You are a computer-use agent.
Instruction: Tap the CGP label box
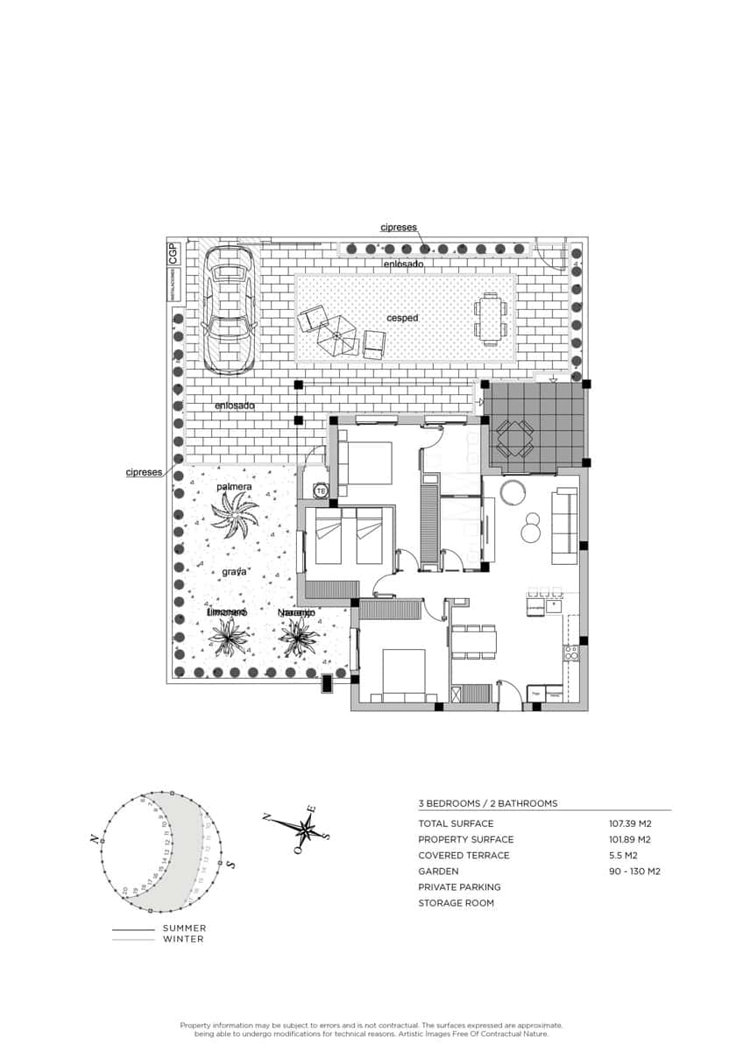coord(173,253)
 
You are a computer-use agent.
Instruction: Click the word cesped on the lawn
coord(402,318)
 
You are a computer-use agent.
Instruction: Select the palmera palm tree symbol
coord(235,514)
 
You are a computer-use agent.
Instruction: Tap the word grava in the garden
coord(233,571)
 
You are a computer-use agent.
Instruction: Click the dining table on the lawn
coord(490,320)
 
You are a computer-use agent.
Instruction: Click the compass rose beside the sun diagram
coord(306,828)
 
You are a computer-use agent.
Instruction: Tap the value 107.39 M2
coord(630,823)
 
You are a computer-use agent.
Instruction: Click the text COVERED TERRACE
coord(463,856)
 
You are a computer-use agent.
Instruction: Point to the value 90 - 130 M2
coord(634,871)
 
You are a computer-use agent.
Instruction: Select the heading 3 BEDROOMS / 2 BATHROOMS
coord(487,803)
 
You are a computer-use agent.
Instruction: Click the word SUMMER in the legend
coord(185,928)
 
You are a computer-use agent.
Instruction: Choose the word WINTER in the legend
coord(183,939)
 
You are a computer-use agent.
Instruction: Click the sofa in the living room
coord(563,526)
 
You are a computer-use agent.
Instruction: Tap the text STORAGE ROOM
coord(456,903)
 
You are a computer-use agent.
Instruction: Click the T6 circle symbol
coord(321,491)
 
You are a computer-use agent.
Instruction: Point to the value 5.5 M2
coord(622,856)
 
